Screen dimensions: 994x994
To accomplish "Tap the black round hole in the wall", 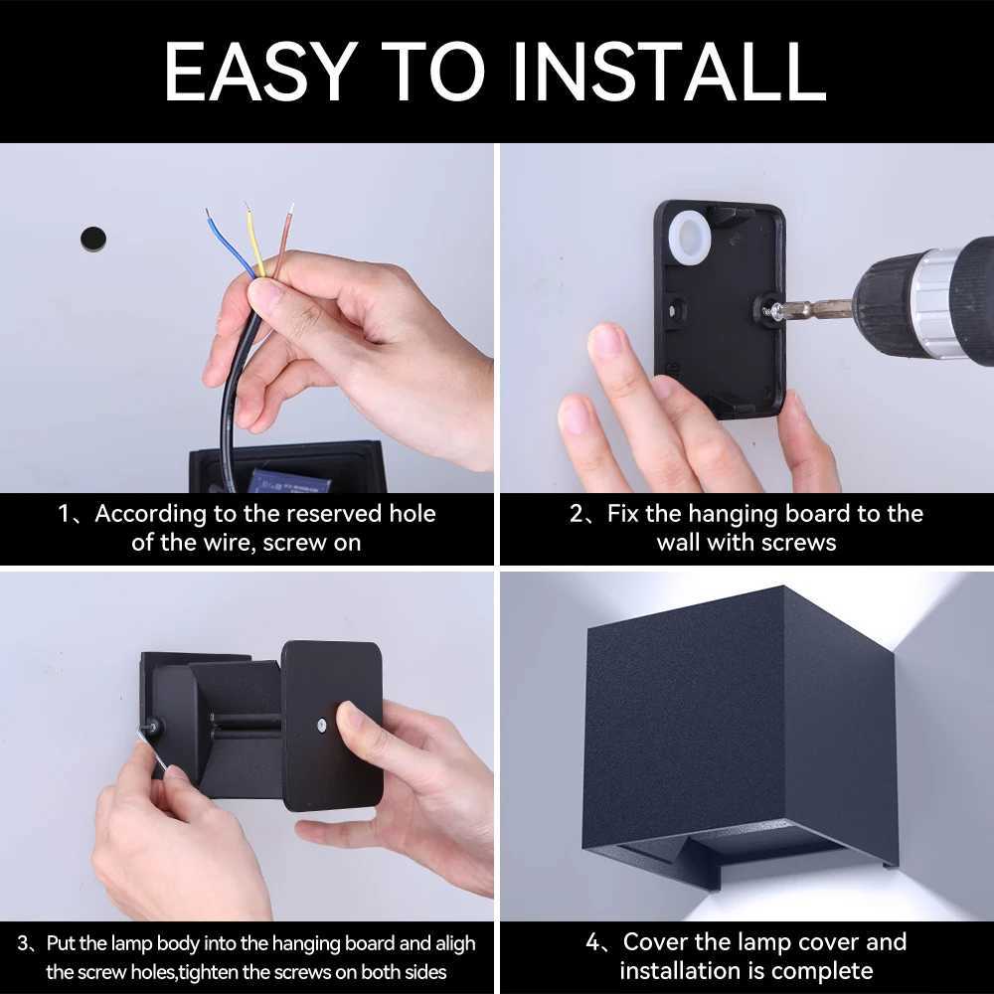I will pos(92,238).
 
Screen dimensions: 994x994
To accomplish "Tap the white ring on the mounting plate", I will pos(688,240).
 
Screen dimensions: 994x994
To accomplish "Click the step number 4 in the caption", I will pos(592,941).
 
